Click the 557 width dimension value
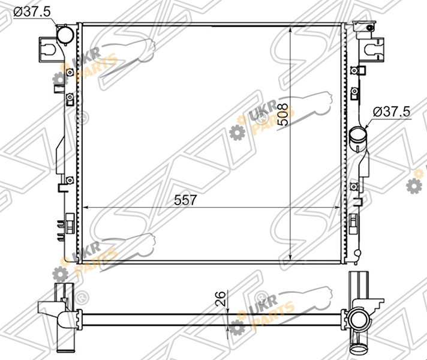coord(185,200)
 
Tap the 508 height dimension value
coord(283,115)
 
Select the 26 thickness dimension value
coord(220,299)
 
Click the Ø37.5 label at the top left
coord(32,12)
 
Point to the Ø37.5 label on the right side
coord(392,112)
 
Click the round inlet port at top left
coord(65,35)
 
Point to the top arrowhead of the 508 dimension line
coord(291,30)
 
